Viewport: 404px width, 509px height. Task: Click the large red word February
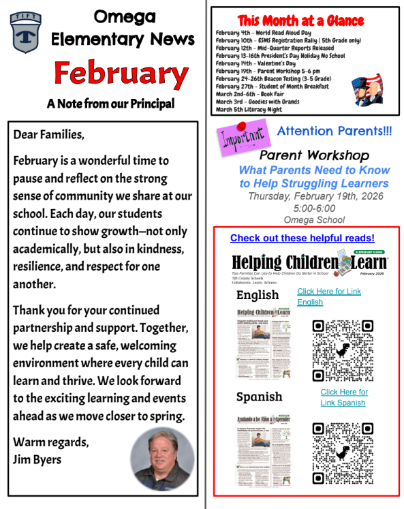[x=111, y=73]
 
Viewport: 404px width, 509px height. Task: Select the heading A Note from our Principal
[x=110, y=104]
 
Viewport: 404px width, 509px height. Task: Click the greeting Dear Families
[x=48, y=134]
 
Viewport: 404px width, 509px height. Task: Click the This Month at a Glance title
[x=300, y=20]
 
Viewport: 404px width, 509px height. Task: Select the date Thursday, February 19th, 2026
[x=315, y=196]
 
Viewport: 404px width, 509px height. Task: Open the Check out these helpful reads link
[x=302, y=238]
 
